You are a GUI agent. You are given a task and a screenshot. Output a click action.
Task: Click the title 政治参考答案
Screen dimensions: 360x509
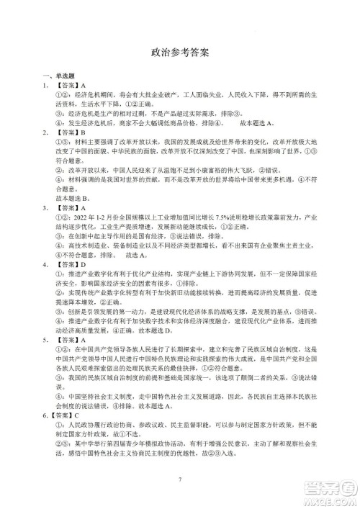coord(180,53)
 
